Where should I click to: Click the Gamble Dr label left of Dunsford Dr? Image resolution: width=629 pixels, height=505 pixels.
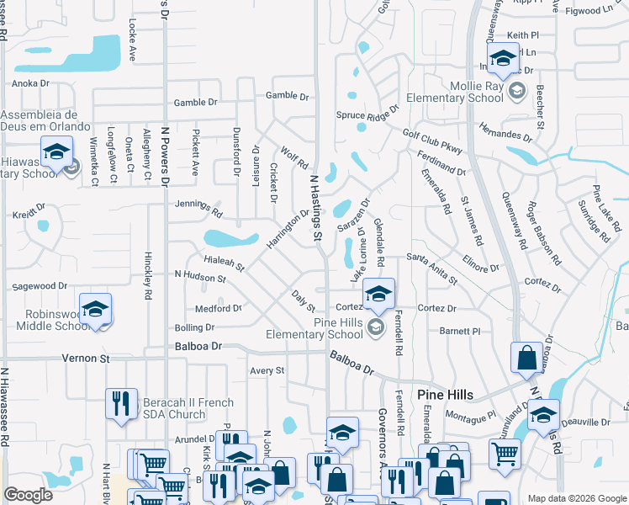(195, 103)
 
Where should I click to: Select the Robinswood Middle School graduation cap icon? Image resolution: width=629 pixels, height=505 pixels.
(95, 309)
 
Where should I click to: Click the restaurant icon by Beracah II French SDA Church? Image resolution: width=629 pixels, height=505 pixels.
(122, 404)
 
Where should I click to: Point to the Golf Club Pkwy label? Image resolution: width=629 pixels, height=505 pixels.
(432, 141)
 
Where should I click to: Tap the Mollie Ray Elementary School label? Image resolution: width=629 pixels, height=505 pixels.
(454, 92)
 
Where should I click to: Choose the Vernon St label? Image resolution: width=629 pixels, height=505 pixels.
(87, 359)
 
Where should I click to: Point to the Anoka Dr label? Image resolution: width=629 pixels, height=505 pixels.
(30, 83)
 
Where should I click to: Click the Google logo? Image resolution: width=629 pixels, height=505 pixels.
(29, 495)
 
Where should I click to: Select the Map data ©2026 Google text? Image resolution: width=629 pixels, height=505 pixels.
(576, 498)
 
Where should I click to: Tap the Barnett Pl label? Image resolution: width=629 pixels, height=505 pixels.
(459, 332)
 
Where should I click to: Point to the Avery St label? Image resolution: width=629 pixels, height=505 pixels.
(267, 370)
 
